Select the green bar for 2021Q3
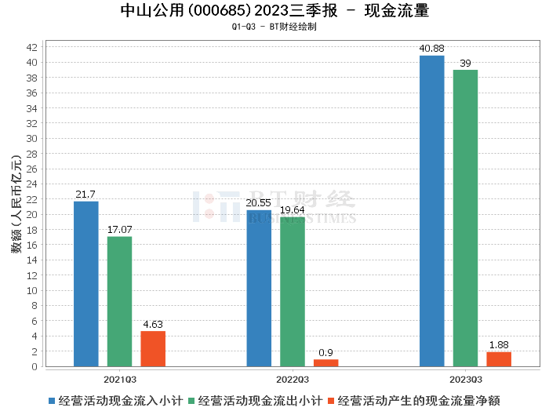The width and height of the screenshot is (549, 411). coord(120,301)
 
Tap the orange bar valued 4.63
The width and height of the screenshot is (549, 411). coord(153,348)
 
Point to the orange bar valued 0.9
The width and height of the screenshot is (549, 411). coord(325,362)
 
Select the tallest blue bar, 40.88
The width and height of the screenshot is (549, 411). coord(431,211)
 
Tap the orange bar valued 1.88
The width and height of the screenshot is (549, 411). coord(499,359)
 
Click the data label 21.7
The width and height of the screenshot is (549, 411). coord(86,194)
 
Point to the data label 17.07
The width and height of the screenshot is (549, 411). coord(120,229)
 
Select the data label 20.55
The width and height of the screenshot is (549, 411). coord(259,202)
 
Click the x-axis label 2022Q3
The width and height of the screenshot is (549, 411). coord(292,377)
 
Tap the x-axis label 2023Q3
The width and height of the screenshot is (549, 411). coord(465,377)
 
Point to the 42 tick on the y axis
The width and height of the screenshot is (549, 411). coord(33,47)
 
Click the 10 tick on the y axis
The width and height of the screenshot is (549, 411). coord(33,290)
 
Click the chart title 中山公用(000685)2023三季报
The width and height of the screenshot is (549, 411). coord(227,11)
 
